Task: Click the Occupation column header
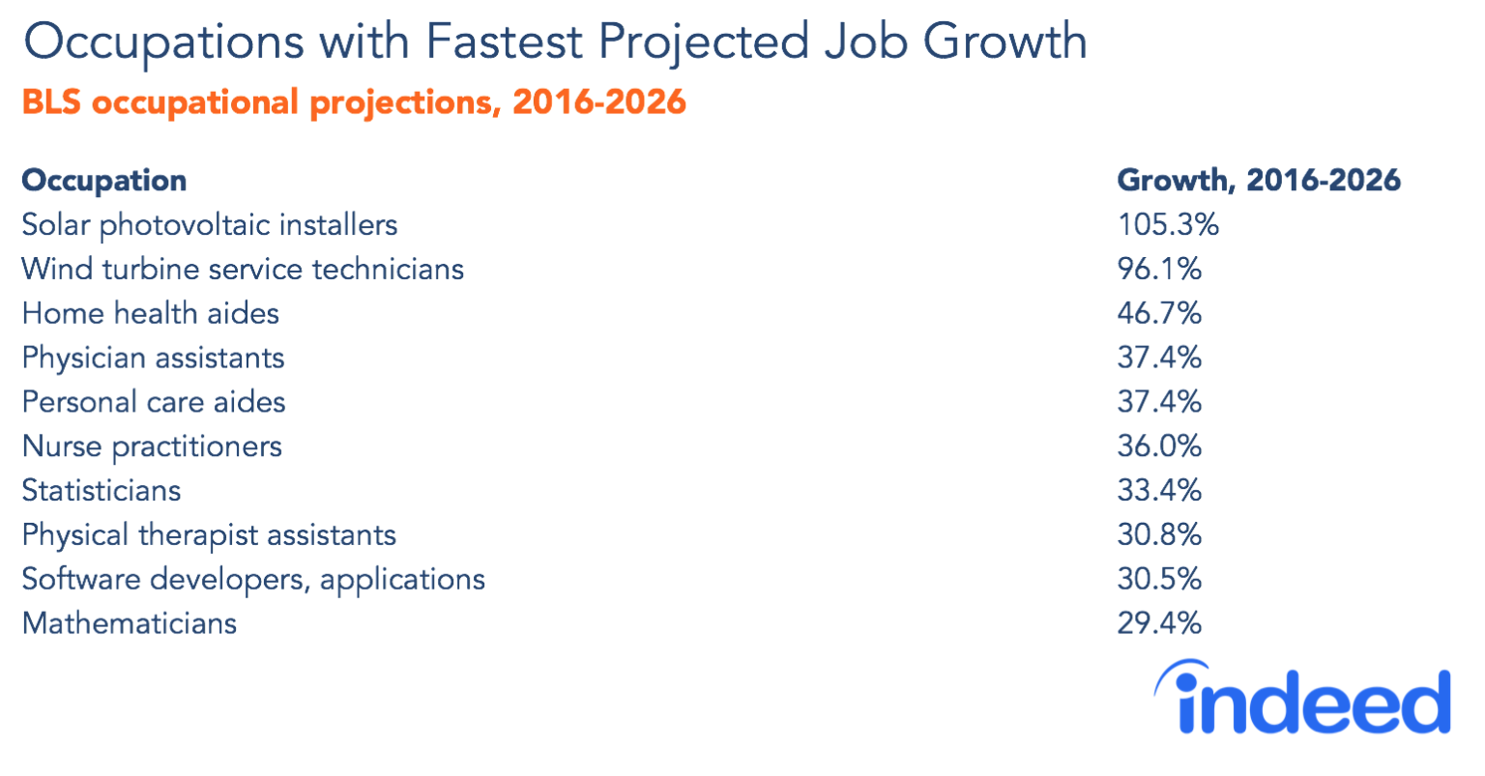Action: click(x=104, y=181)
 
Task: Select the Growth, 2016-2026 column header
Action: click(x=1258, y=180)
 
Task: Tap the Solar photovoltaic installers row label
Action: click(x=209, y=225)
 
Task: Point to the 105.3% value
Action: click(x=1168, y=225)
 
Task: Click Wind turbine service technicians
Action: click(x=243, y=269)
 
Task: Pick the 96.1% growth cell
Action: click(x=1159, y=269)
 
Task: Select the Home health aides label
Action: click(x=150, y=313)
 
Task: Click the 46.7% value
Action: click(x=1159, y=313)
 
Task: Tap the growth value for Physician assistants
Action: click(x=1159, y=358)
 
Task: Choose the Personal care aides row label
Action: click(x=154, y=402)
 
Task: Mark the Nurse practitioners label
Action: click(x=152, y=446)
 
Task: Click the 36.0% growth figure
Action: click(x=1159, y=446)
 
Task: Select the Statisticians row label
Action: click(x=102, y=491)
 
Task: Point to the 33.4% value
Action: click(x=1159, y=491)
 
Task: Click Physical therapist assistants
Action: click(x=209, y=535)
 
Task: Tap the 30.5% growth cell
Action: click(x=1159, y=579)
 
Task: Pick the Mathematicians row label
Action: click(x=129, y=623)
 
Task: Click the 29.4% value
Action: click(x=1159, y=623)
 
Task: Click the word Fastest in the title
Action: click(x=503, y=42)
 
